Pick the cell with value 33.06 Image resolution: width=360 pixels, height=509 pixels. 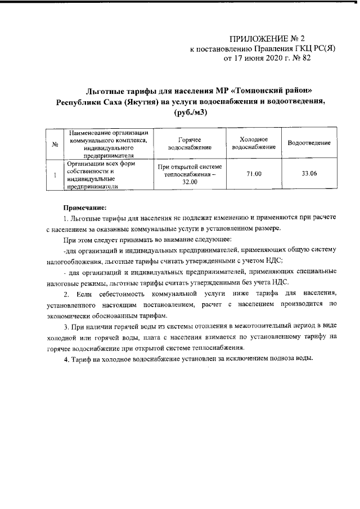coord(309,174)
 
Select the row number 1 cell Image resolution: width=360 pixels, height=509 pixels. coord(55,174)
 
